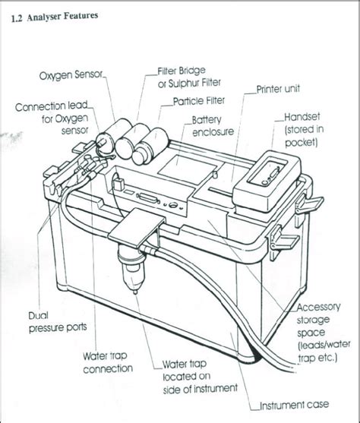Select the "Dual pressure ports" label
(57, 321)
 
